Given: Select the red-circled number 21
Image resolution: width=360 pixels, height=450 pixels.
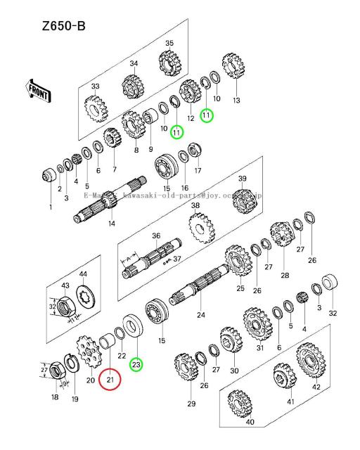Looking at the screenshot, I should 110,380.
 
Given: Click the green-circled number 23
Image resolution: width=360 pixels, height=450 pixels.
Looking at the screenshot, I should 136,364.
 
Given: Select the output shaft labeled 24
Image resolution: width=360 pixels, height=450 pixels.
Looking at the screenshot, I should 204,288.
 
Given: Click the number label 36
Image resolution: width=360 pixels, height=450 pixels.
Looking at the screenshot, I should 156,236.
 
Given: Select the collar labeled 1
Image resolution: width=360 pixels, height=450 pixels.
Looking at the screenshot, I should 51,173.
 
